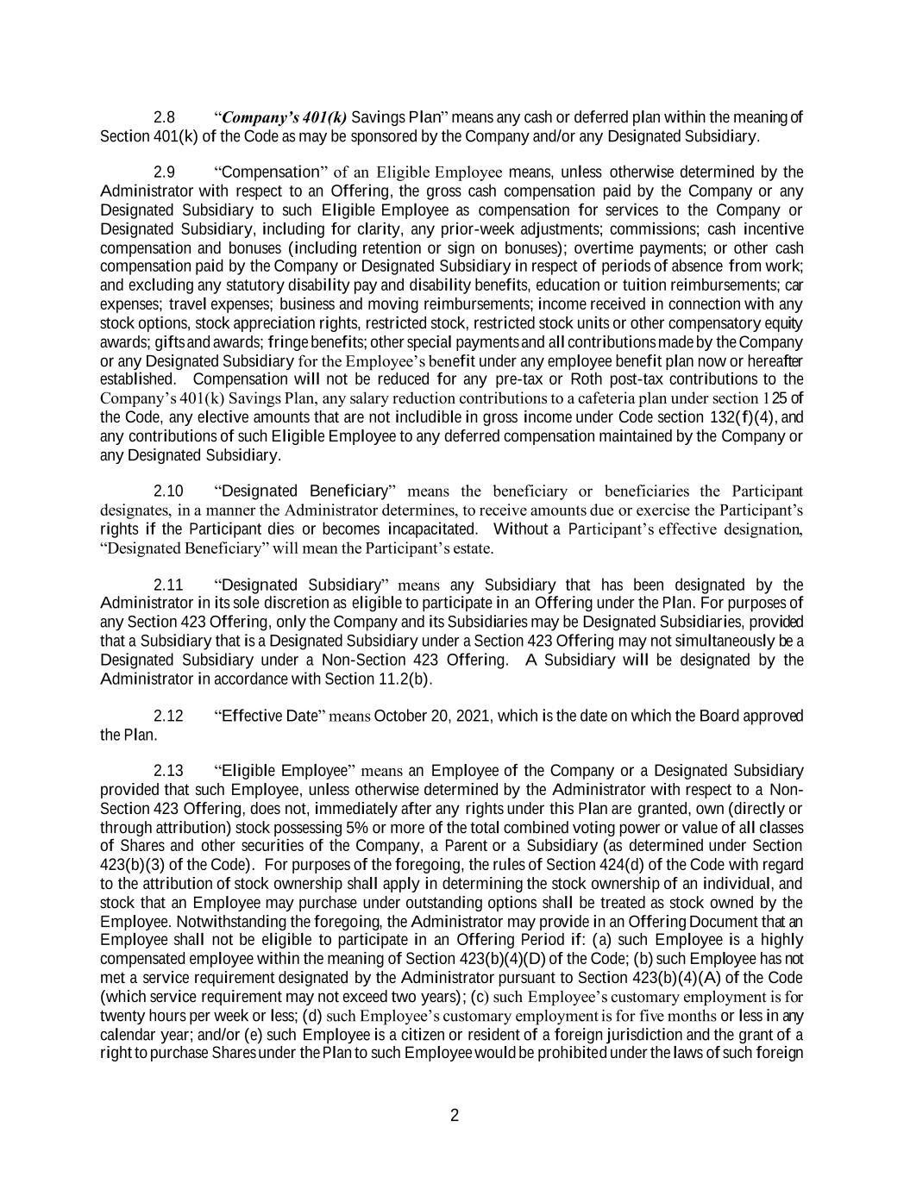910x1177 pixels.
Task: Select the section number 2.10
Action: [x=168, y=491]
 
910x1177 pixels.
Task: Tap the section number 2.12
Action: [x=168, y=717]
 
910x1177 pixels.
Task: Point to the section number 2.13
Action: [x=168, y=771]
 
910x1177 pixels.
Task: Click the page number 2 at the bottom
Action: [x=455, y=1117]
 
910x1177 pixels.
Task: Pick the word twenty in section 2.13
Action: [x=121, y=1016]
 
